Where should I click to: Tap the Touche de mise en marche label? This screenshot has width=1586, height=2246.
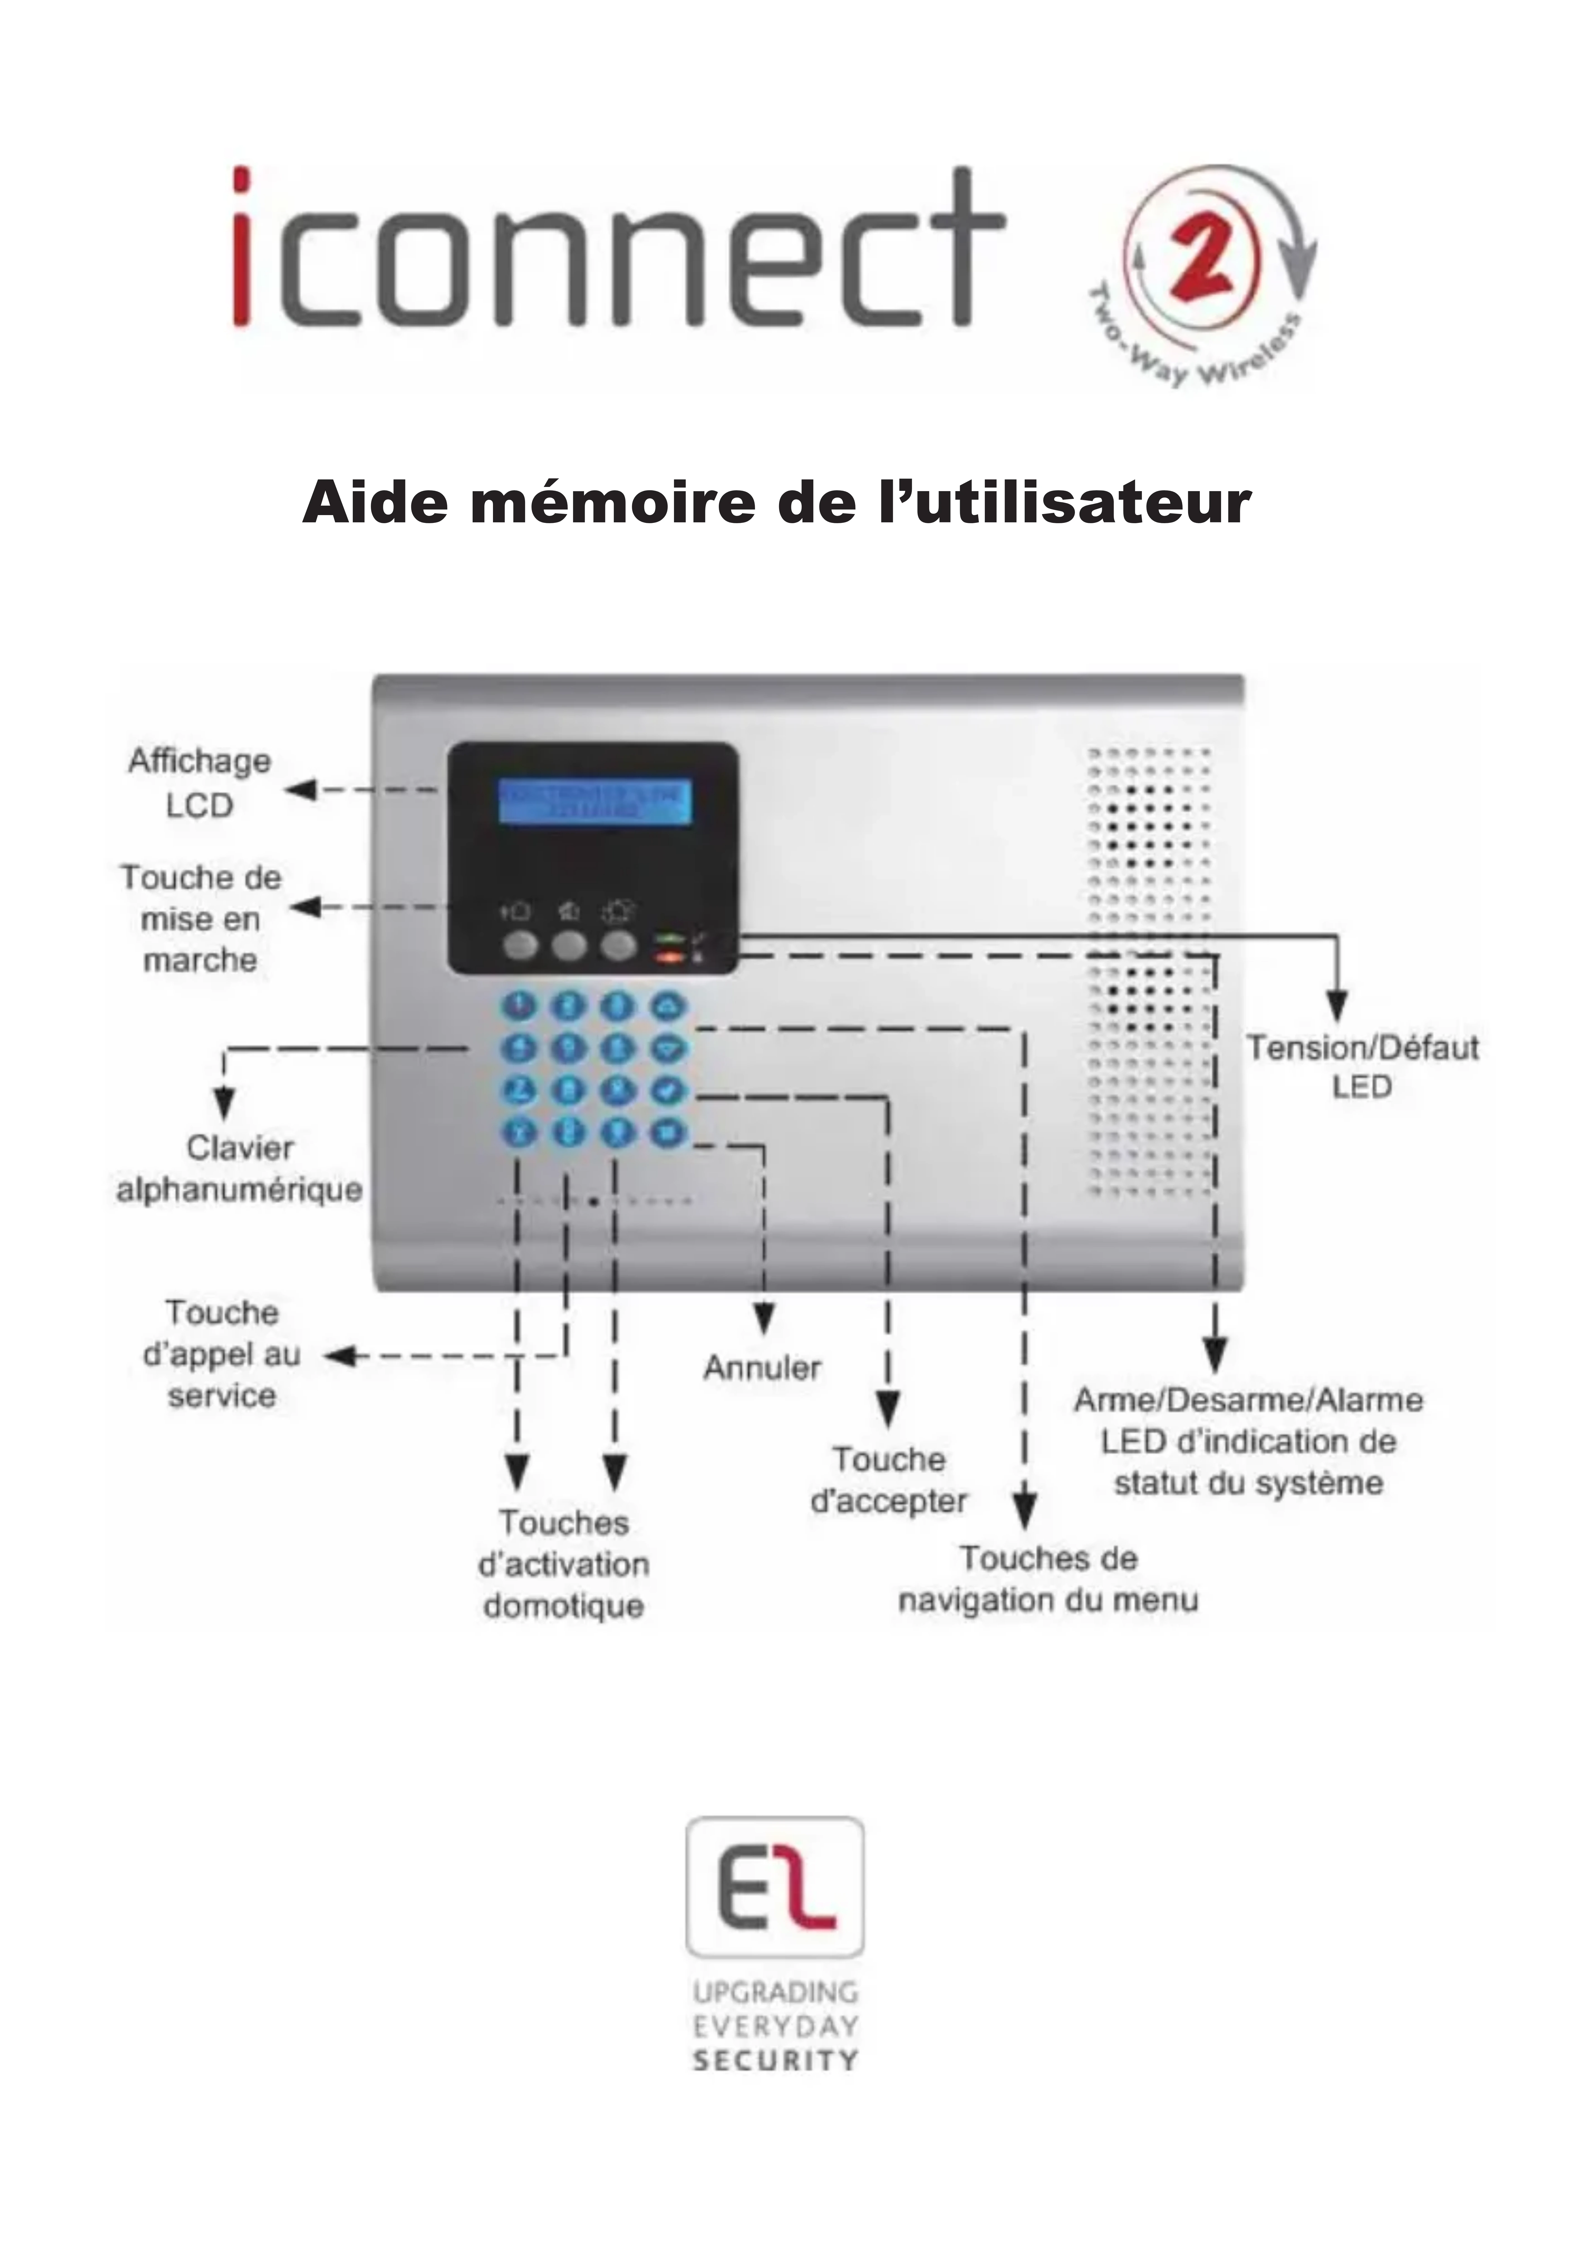click(x=200, y=918)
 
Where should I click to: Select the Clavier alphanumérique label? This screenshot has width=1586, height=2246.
click(x=240, y=1169)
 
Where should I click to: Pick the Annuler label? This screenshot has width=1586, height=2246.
click(x=762, y=1367)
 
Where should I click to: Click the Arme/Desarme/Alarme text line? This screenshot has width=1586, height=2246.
click(x=1248, y=1401)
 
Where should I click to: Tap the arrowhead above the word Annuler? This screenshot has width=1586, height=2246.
click(x=764, y=1319)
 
